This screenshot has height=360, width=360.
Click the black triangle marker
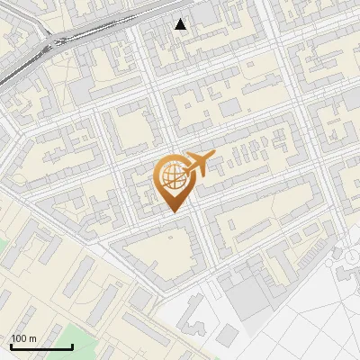(181, 24)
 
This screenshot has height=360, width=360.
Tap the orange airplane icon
(200, 162)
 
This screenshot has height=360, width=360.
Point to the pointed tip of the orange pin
(171, 212)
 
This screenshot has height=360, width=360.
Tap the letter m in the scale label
(32, 338)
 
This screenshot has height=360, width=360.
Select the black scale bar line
(41, 347)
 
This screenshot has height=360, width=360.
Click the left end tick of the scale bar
(11, 346)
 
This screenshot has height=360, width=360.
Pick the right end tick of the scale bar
(72, 346)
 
